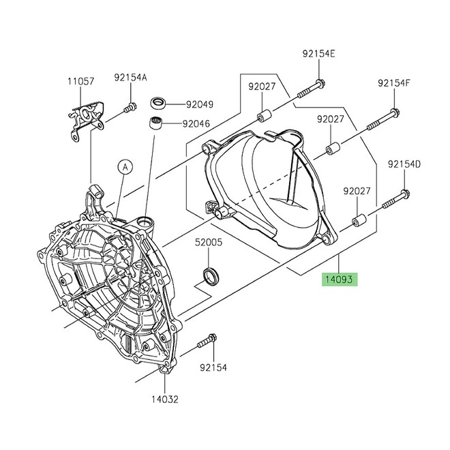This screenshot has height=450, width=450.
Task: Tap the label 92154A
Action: coord(130,78)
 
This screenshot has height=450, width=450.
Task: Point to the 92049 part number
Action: coord(200,104)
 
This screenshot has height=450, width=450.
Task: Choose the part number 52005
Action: coord(209,241)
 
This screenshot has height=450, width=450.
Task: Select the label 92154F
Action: coord(394,83)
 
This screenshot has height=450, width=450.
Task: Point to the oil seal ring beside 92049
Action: coord(159,104)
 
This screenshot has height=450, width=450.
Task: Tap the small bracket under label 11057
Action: coord(85,117)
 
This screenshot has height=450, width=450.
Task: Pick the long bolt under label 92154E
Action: coord(311,86)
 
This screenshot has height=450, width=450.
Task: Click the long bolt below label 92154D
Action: coord(395,201)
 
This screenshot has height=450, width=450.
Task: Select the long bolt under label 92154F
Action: coord(383,121)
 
